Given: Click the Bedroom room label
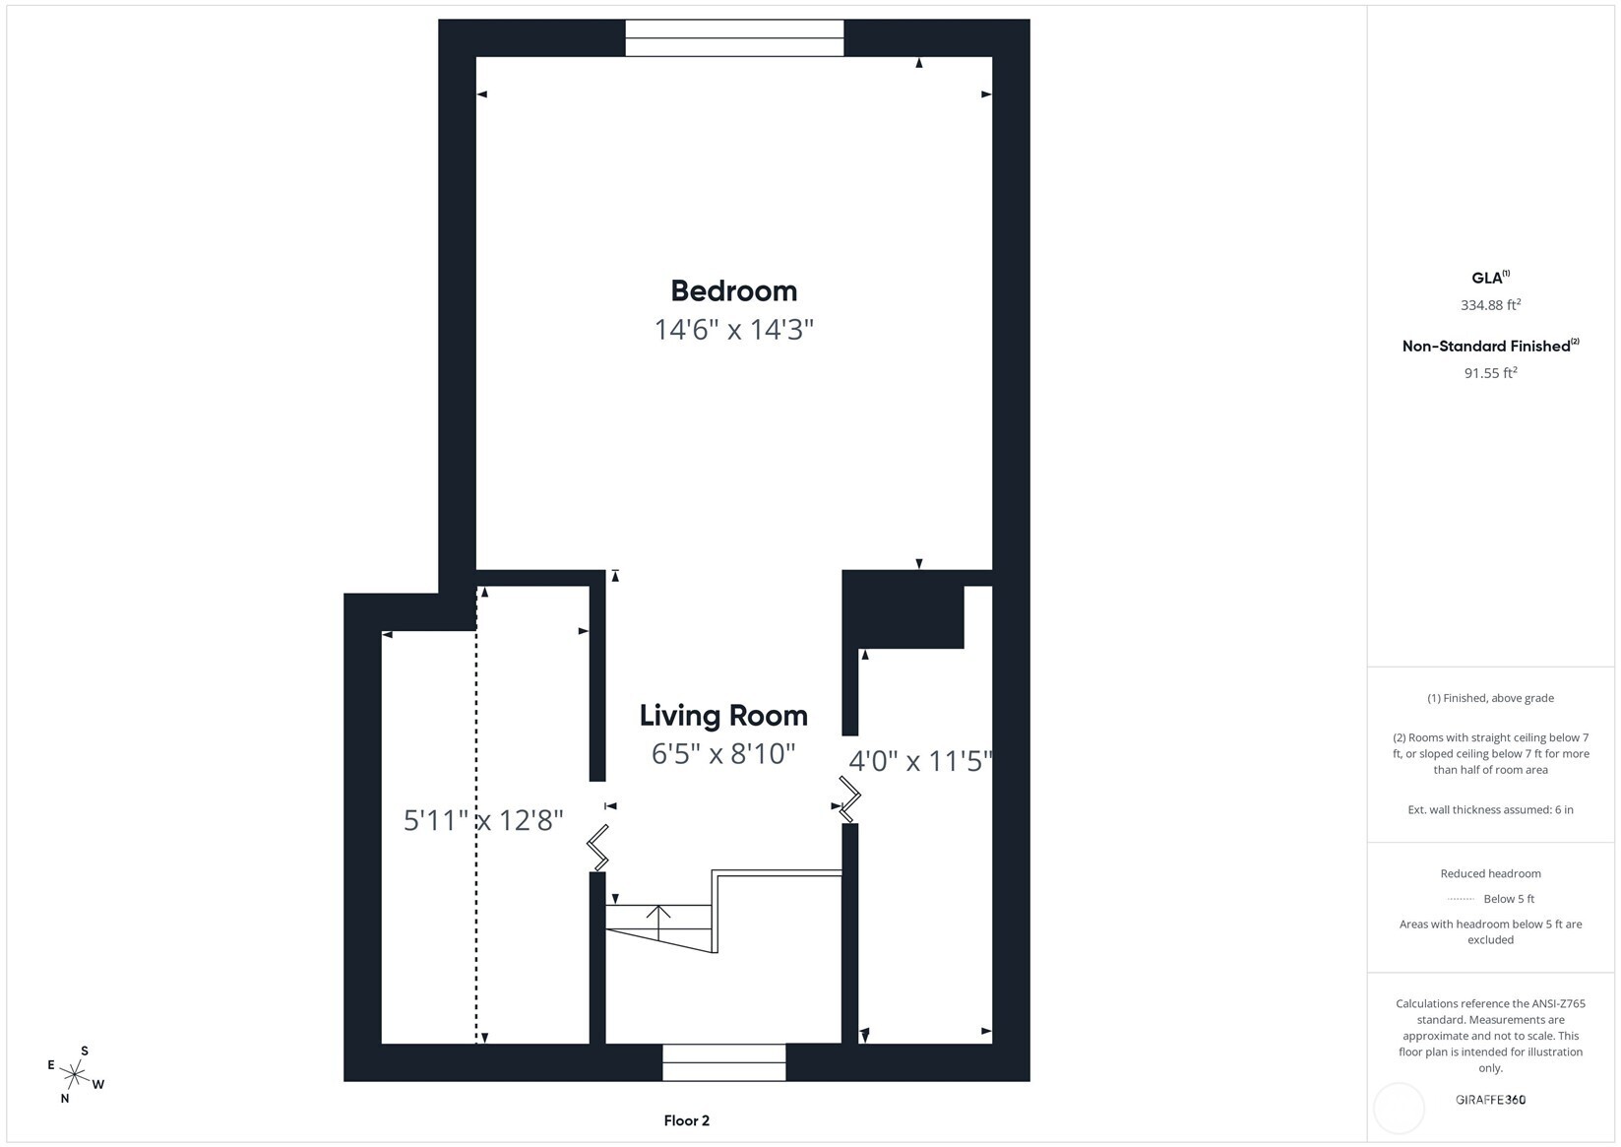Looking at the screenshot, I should click(733, 290).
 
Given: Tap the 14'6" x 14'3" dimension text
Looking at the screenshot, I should click(733, 329).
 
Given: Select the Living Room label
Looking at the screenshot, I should click(723, 715).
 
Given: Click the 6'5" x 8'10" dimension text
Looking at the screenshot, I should click(723, 753).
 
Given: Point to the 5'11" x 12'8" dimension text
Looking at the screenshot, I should click(483, 819).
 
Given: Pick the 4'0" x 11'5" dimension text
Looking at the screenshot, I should click(919, 761).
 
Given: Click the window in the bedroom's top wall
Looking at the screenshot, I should click(734, 38).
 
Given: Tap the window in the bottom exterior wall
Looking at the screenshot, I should click(723, 1062).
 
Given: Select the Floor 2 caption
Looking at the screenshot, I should click(686, 1120).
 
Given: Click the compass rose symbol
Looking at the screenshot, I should click(76, 1074).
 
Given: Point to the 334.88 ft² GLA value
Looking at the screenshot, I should click(1490, 305).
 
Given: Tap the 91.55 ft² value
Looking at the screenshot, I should click(1490, 373).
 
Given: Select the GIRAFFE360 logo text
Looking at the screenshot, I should click(1490, 1100).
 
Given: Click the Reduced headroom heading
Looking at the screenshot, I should click(1490, 873).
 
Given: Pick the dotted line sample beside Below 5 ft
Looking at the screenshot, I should click(1461, 899).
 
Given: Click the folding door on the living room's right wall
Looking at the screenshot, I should click(849, 798).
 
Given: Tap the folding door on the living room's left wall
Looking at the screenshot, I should click(597, 848).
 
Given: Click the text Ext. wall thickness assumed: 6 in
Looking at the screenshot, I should click(1490, 809).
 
